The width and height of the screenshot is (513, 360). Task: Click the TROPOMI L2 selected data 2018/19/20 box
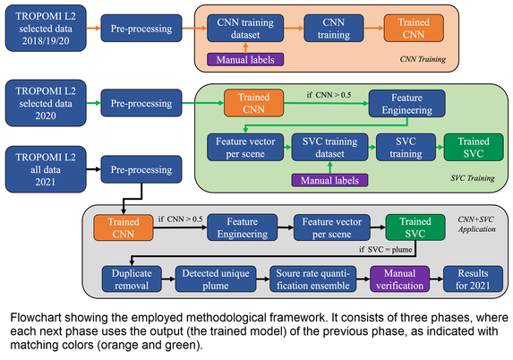(46, 28)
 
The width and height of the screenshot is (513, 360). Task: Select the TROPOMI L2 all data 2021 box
(46, 169)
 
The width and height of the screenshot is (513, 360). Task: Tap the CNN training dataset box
(245, 28)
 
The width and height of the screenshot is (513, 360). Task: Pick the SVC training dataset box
(329, 147)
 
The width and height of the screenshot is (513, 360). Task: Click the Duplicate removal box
(132, 279)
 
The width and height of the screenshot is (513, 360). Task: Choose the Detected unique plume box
(216, 279)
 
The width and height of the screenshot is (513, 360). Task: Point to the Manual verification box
(399, 279)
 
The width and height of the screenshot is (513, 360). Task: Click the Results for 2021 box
(473, 279)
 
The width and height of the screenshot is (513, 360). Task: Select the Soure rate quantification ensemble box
(313, 279)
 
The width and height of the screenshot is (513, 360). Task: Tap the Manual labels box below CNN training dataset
(245, 60)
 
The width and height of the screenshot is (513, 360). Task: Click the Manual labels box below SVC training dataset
(329, 180)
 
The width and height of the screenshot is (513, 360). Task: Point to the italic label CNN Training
(423, 59)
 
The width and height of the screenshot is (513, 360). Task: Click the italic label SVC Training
(473, 178)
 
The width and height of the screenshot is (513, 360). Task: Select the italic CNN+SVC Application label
(476, 224)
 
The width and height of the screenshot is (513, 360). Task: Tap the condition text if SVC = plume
(385, 249)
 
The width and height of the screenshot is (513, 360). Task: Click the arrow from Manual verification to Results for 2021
(436, 279)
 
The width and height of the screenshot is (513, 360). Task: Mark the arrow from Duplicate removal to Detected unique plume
(168, 279)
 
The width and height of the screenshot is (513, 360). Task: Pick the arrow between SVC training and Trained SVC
(440, 147)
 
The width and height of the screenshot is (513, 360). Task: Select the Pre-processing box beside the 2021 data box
(141, 169)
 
